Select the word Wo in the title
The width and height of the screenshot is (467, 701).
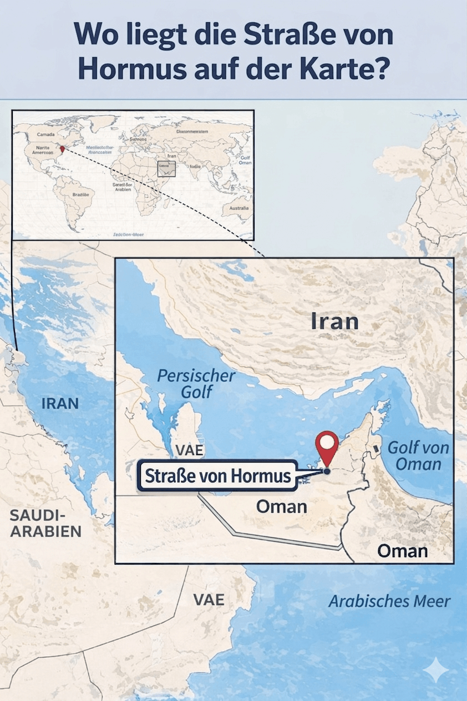coord(94,35)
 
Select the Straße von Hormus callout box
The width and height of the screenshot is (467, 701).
coord(218,475)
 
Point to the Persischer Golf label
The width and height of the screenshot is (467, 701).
coord(196,383)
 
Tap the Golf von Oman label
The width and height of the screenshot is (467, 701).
coord(418,455)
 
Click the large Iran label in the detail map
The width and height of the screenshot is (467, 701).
coord(334,321)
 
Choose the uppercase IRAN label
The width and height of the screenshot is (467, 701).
coord(60,403)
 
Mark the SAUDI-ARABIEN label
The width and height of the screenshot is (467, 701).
coord(46,524)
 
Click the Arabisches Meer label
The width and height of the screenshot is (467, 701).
coord(389,601)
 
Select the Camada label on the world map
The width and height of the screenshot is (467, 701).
coord(47,134)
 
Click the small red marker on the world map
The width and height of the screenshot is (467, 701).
coord(62,149)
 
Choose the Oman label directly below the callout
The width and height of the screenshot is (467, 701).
coord(282,506)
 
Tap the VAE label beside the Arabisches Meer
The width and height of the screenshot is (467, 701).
coord(209,600)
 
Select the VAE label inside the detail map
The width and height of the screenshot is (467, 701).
coord(190,450)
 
